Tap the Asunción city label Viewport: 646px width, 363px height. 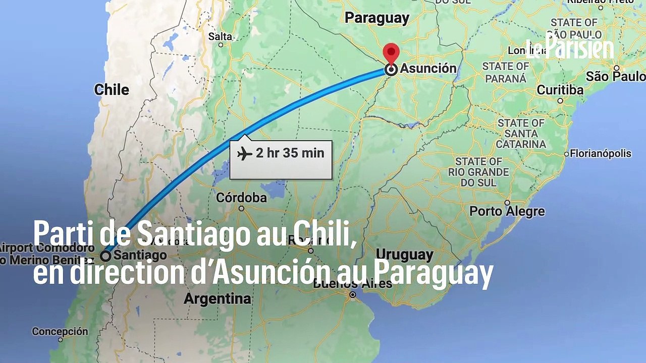click(428, 69)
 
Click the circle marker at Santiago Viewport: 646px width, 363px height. click(105, 256)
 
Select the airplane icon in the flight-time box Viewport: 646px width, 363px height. click(245, 153)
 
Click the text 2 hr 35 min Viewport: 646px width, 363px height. click(290, 153)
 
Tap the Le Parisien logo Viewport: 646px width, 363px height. click(570, 48)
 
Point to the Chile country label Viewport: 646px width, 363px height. click(112, 90)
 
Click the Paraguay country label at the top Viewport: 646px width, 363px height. click(376, 18)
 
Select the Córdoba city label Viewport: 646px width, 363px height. click(241, 197)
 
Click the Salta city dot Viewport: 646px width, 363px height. click(221, 45)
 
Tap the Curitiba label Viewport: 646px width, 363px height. click(560, 90)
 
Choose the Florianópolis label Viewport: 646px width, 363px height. click(601, 153)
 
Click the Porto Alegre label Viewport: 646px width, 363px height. click(507, 211)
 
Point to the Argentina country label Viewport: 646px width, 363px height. click(217, 299)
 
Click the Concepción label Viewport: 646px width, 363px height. click(60, 332)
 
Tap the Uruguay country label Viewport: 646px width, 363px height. click(405, 254)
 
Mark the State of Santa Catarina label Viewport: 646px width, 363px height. click(521, 133)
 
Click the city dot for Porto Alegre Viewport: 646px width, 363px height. click(507, 203)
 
